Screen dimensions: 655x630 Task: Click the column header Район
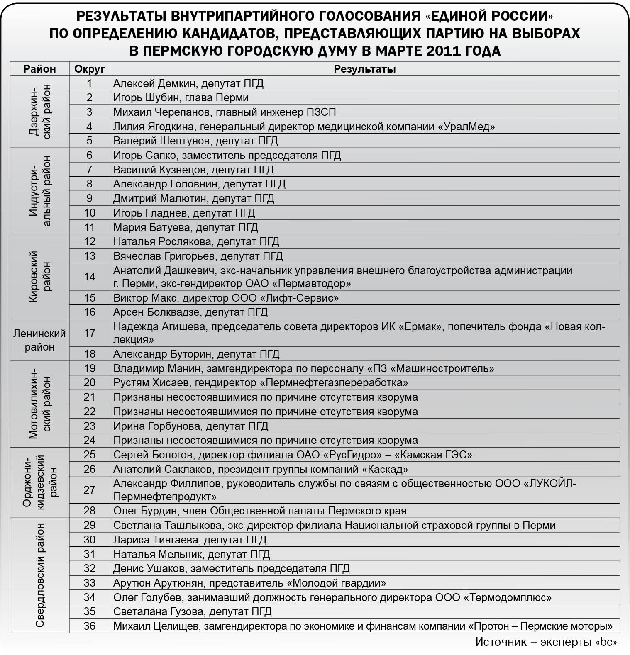pos(39,69)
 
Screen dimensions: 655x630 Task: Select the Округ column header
pos(89,69)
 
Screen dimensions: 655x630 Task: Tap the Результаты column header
pos(364,69)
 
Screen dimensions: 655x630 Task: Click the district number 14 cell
pos(89,277)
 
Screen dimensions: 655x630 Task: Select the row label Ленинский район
pos(39,340)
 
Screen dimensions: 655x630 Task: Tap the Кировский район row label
pos(39,277)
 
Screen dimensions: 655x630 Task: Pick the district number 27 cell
pos(89,490)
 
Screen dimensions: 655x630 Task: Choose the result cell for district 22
pos(266,412)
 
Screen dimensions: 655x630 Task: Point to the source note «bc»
pos(606,642)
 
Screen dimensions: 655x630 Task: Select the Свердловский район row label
pos(39,575)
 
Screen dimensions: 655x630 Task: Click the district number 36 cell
pos(89,626)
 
